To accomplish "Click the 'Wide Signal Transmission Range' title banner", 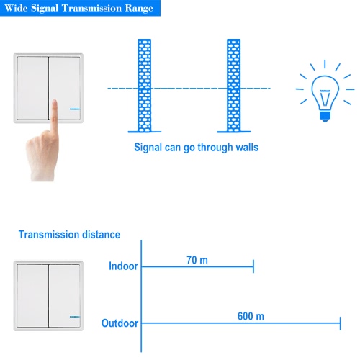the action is pos(80,8).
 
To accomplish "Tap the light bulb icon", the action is pos(325,91).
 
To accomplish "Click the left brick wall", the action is pos(145,86).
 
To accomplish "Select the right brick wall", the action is pos(234,86).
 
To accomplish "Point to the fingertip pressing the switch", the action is pos(55,102).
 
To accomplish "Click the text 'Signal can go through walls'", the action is pos(197,148).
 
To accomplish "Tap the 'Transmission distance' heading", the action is pos(69,235).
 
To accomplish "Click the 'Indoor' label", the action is pos(123,266).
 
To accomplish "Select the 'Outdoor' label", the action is pos(120,323).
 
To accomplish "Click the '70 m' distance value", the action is pos(197,260).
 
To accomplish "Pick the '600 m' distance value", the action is pos(251,316).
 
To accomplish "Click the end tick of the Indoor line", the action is pos(253,266).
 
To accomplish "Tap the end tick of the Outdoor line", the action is pos(341,323).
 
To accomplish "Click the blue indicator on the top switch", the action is pos(75,109).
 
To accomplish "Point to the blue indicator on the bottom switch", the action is pos(75,317).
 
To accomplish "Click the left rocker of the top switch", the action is pos(32,88).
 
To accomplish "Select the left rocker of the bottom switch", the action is pos(32,296).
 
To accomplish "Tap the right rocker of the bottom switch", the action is pos(65,296).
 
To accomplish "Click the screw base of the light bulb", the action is pos(325,116).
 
